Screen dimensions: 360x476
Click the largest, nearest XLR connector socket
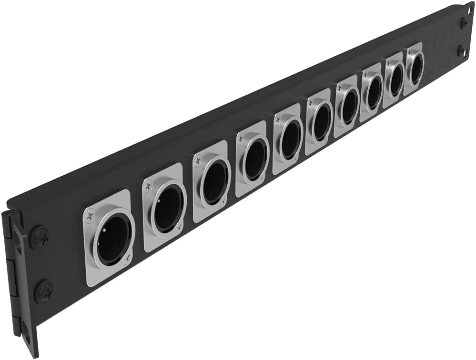coord(113,239)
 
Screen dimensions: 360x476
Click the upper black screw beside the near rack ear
coord(39,237)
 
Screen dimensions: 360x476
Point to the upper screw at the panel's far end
coord(464,22)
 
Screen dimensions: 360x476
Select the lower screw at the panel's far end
coord(461,50)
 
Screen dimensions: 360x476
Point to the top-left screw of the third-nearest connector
coord(197,161)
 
